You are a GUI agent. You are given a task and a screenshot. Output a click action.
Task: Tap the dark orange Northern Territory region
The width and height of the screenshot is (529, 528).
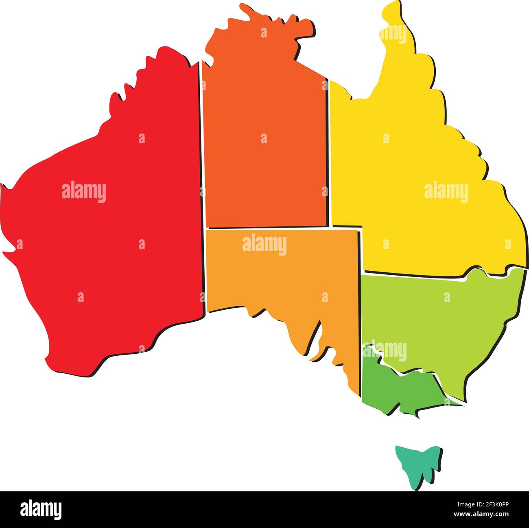coord(264,163)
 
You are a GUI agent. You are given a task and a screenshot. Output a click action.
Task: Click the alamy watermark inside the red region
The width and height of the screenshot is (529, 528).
coord(84,192)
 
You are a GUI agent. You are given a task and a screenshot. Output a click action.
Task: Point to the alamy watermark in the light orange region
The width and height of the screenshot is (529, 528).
coord(264,245)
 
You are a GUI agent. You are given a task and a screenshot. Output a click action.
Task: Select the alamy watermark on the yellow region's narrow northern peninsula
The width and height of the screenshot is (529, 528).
coord(393,34)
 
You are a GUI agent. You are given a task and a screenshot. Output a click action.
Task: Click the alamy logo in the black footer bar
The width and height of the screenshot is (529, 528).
coord(41,509)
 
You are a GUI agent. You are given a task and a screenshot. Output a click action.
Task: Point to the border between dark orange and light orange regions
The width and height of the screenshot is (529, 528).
coord(264,228)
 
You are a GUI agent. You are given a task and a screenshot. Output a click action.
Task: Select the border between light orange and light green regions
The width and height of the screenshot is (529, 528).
coord(361,305)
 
